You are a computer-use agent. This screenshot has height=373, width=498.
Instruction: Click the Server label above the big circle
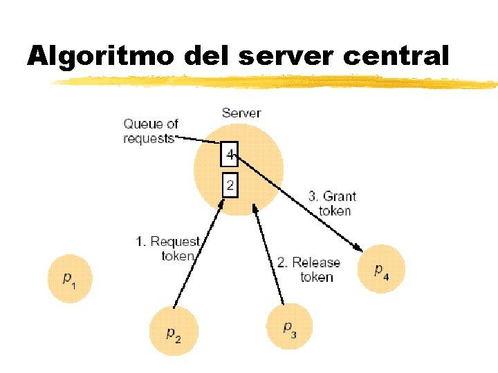click(241, 112)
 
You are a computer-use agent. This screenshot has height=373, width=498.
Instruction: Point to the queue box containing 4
click(230, 154)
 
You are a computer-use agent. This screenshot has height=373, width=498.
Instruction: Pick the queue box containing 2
click(230, 185)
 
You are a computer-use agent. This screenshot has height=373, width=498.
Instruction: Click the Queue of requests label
click(150, 131)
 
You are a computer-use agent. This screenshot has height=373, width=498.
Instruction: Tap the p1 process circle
click(69, 279)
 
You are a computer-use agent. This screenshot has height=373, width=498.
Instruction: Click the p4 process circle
click(381, 269)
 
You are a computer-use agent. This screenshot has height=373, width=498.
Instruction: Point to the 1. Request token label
click(168, 249)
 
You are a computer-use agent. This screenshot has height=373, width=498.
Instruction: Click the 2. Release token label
click(309, 269)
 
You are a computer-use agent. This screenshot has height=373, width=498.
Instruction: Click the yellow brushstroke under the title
click(277, 82)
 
